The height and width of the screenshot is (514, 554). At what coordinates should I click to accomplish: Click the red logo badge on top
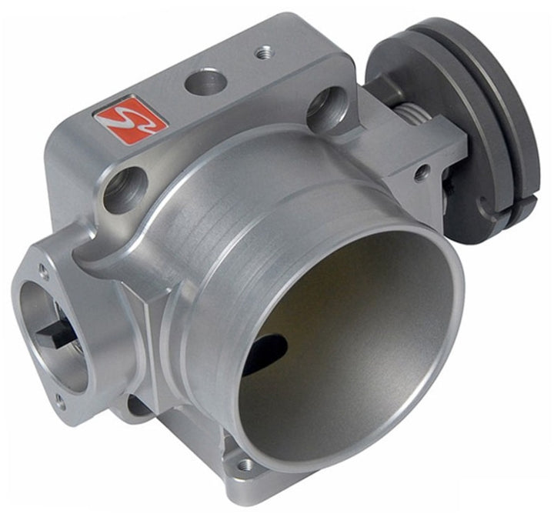[131, 118]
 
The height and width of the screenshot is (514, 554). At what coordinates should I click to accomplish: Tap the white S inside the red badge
[131, 118]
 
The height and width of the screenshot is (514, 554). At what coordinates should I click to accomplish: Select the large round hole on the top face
[205, 81]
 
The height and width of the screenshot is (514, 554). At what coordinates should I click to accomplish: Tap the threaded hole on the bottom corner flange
[245, 465]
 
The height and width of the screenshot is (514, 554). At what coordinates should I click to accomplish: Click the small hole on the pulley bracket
[421, 174]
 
